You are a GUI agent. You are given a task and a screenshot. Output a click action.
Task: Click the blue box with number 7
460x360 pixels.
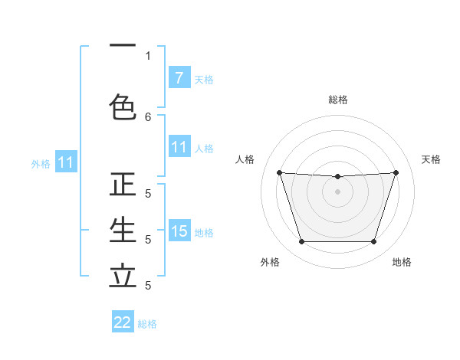(179, 77)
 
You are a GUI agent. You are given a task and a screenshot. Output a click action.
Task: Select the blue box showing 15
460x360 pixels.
(179, 231)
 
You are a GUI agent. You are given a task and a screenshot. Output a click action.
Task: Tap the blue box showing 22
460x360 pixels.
(123, 322)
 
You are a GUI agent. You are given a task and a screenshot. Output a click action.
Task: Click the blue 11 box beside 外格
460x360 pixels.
(65, 162)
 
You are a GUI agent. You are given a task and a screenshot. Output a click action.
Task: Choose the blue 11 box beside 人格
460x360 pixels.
(179, 147)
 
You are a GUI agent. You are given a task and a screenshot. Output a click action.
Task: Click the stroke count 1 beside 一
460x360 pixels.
(148, 55)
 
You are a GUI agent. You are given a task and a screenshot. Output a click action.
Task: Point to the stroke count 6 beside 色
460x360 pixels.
(148, 116)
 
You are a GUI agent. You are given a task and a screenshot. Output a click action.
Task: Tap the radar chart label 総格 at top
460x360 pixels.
(338, 100)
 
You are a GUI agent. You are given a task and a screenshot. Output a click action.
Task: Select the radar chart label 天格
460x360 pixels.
(431, 159)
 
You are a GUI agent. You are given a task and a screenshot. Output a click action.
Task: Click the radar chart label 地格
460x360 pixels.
(402, 262)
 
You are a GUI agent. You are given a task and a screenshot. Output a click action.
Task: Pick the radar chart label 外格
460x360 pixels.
(270, 262)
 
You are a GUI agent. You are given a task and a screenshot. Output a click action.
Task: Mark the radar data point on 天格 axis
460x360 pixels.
(396, 172)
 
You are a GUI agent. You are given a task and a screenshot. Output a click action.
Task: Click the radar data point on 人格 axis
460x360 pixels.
(280, 172)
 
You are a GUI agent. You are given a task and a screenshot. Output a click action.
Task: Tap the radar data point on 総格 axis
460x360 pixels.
(337, 177)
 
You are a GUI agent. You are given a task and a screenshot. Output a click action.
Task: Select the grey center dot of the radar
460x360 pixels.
(337, 191)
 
